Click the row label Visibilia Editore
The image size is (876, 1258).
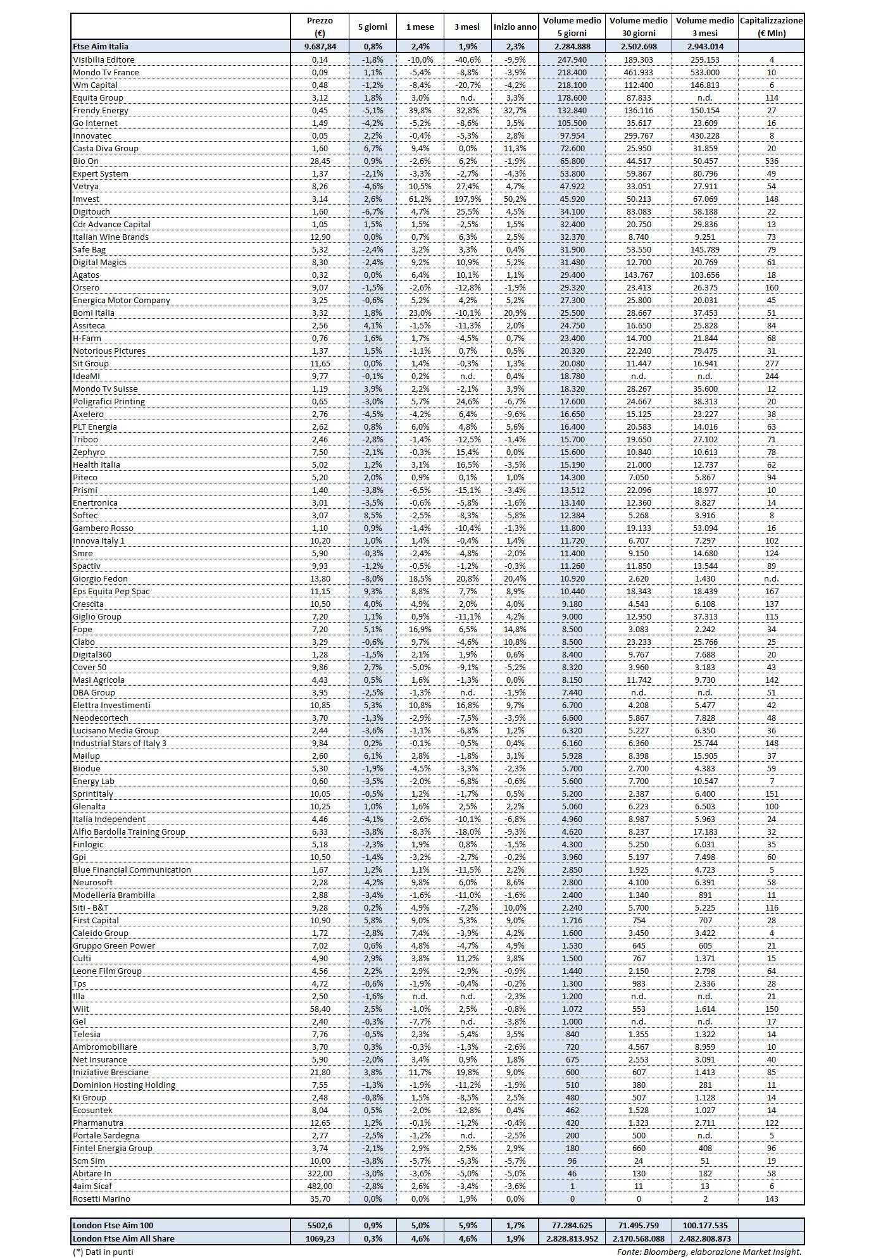coord(104,59)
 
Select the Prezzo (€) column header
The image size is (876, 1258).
coord(319,27)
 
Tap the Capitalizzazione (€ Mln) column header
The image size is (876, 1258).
coord(771,27)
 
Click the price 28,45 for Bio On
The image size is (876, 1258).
coord(319,161)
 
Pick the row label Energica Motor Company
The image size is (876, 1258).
coord(122,300)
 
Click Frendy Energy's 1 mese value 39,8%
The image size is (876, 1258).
coord(420,110)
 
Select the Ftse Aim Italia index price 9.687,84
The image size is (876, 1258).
coord(319,46)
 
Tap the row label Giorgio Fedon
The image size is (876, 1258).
coord(100,578)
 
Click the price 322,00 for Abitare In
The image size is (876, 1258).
coord(319,1173)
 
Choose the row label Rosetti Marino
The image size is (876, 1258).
coord(101,1199)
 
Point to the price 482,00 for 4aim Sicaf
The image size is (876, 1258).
coord(319,1186)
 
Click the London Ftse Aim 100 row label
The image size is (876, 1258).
coord(113,1225)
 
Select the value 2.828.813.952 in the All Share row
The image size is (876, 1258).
coord(572,1238)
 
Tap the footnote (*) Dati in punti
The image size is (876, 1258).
coord(103,1251)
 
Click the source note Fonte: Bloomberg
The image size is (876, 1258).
coord(709,1251)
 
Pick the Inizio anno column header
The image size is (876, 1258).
coord(515,27)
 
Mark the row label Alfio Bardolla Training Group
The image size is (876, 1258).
coord(129,831)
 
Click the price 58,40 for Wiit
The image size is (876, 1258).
coord(319,1009)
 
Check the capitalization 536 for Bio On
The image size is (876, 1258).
coord(771,161)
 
